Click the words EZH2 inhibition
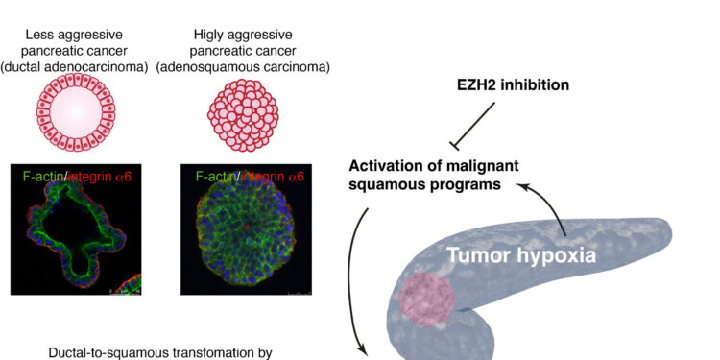pos(513,85)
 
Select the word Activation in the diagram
pos(385,166)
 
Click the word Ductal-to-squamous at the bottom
pos(113,352)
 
